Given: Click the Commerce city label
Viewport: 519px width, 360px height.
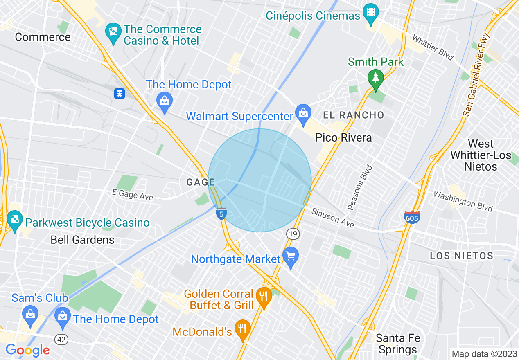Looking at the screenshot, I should tap(43, 37).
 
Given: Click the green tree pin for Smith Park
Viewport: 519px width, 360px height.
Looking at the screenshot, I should tap(375, 77).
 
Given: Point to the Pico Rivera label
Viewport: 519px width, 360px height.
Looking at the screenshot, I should tap(343, 137).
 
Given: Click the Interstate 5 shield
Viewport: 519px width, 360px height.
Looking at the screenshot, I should tap(221, 214).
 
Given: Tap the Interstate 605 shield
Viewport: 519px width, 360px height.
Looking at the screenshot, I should tap(411, 218).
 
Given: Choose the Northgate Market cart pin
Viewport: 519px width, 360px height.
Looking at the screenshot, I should tap(291, 256).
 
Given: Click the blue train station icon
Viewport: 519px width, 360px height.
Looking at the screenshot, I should tap(119, 94).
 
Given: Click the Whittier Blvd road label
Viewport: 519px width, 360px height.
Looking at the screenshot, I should tap(433, 48).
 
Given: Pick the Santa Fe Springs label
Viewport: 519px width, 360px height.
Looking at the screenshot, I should tap(397, 344).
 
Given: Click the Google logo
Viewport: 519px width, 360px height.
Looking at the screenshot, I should tap(27, 350).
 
